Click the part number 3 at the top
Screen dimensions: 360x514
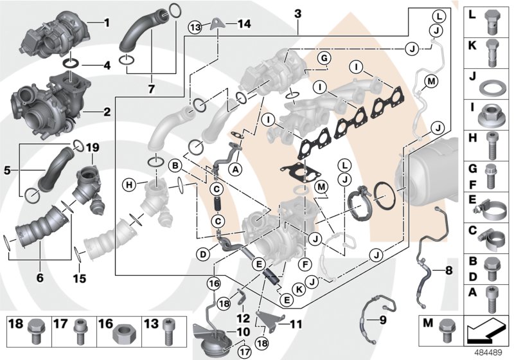[x=297, y=14]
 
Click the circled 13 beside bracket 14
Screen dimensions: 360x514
[x=195, y=26]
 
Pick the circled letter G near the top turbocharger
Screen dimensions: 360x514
[x=324, y=59]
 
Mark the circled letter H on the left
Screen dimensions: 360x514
[x=129, y=185]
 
